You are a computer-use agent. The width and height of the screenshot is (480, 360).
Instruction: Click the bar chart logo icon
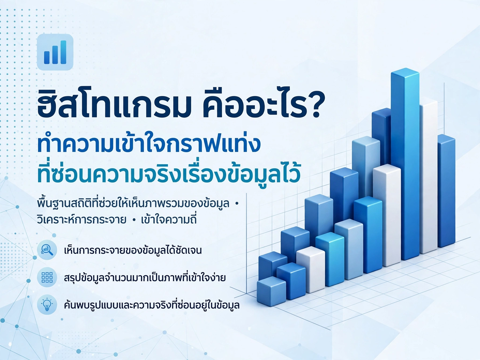point(55,52)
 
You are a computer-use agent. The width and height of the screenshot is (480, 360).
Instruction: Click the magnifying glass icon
point(47,250)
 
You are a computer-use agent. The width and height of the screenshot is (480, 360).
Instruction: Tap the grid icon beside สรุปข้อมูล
point(47,277)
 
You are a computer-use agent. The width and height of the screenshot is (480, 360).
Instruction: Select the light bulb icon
point(47,305)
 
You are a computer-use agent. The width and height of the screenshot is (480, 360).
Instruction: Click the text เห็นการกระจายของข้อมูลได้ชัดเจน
point(133,250)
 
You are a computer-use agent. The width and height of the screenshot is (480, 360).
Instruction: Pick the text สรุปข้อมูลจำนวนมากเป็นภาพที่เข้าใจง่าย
point(145,277)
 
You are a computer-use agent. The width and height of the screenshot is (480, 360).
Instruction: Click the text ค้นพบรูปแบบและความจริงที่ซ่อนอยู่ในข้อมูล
point(152,305)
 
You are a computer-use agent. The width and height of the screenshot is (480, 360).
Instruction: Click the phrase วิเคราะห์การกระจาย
point(81,219)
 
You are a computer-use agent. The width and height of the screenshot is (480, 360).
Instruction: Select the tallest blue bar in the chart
point(405,164)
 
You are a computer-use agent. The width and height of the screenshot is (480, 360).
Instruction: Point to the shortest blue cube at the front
point(271,291)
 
